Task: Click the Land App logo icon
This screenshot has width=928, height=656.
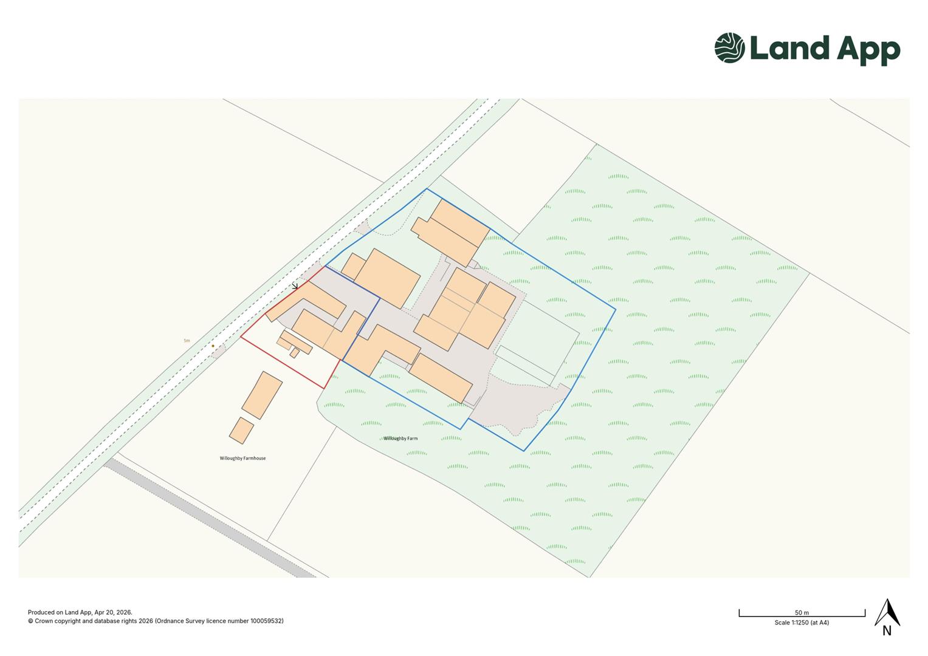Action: pyautogui.click(x=729, y=47)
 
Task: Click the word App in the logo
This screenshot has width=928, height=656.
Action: pyautogui.click(x=868, y=50)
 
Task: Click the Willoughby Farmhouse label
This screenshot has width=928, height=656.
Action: pyautogui.click(x=242, y=458)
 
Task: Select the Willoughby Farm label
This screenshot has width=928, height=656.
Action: pyautogui.click(x=400, y=438)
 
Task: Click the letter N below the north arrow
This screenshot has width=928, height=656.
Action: pyautogui.click(x=887, y=630)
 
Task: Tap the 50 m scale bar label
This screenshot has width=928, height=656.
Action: pyautogui.click(x=802, y=613)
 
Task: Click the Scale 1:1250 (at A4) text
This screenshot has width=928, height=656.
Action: pyautogui.click(x=802, y=623)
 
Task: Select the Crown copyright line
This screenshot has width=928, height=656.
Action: pyautogui.click(x=155, y=621)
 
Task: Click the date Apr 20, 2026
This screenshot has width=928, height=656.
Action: pyautogui.click(x=112, y=612)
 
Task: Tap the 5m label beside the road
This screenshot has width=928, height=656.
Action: pyautogui.click(x=187, y=341)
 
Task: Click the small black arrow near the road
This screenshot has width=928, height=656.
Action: pyautogui.click(x=295, y=286)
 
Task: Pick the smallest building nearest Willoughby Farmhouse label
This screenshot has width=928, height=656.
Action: pyautogui.click(x=241, y=430)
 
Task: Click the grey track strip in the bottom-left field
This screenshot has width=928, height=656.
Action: pyautogui.click(x=207, y=516)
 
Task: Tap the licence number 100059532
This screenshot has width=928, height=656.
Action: pyautogui.click(x=267, y=621)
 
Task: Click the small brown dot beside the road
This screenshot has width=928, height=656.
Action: pyautogui.click(x=213, y=346)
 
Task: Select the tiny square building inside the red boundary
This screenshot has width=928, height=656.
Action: pyautogui.click(x=294, y=352)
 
